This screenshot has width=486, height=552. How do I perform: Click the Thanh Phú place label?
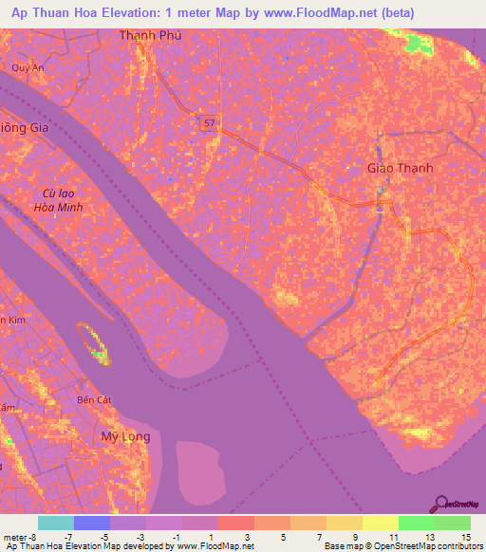click(150, 35)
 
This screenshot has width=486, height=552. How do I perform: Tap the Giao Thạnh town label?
click(400, 168)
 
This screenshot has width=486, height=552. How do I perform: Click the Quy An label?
click(28, 67)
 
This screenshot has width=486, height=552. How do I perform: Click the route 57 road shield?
click(207, 122)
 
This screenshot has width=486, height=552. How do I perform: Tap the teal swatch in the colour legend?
click(56, 523)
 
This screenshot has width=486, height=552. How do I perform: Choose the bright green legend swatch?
click(417, 523)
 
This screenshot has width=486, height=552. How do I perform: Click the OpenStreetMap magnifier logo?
click(442, 504)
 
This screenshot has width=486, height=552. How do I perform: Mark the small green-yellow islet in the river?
click(94, 343)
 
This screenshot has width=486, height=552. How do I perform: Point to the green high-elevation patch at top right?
click(417, 43)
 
